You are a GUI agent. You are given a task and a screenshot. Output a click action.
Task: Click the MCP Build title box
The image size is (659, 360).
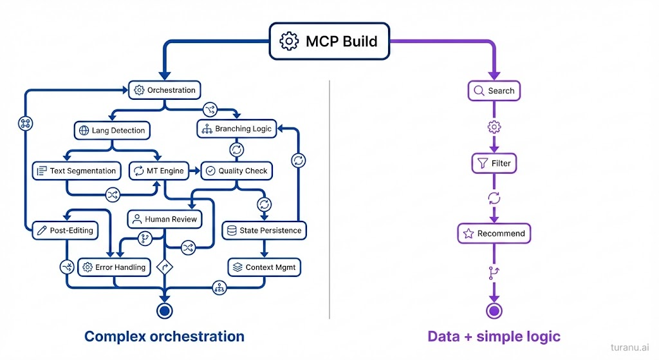328,42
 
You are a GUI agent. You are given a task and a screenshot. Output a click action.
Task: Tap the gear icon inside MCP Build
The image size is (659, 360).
289,42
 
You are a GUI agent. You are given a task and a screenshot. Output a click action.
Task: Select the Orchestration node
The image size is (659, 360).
165,90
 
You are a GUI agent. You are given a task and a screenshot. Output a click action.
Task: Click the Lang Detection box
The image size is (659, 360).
112,130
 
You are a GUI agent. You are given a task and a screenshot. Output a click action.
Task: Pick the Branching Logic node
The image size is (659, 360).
236,129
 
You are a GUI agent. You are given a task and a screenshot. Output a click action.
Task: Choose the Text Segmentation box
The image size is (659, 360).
77,171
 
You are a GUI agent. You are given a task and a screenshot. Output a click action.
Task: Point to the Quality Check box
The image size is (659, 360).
237,171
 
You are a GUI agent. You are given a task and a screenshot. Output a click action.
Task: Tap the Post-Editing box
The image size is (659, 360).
65,230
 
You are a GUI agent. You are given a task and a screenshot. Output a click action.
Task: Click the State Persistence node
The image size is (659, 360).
264,230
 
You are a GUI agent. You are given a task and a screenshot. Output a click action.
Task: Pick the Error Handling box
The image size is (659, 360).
115,267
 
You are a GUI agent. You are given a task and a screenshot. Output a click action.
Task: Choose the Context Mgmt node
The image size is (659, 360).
264,267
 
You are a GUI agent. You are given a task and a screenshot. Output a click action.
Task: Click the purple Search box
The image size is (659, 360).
494,91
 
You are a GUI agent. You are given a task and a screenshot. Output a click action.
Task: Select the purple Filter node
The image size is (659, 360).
494,164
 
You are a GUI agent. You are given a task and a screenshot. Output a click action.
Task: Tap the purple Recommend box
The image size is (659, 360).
494,233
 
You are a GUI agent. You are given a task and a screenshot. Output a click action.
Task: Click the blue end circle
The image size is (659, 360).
165,310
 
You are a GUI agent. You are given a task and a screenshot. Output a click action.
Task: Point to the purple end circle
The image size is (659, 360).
494,311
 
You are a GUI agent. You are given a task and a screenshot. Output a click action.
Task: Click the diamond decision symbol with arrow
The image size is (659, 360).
165,267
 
